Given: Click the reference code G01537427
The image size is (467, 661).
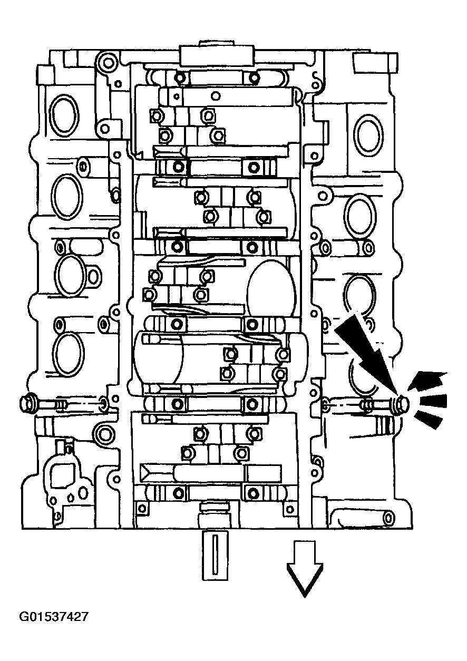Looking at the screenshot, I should [53, 616].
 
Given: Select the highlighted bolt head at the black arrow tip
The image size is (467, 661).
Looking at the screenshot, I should [402, 404].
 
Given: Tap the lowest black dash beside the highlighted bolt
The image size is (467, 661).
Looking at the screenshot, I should [427, 420].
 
